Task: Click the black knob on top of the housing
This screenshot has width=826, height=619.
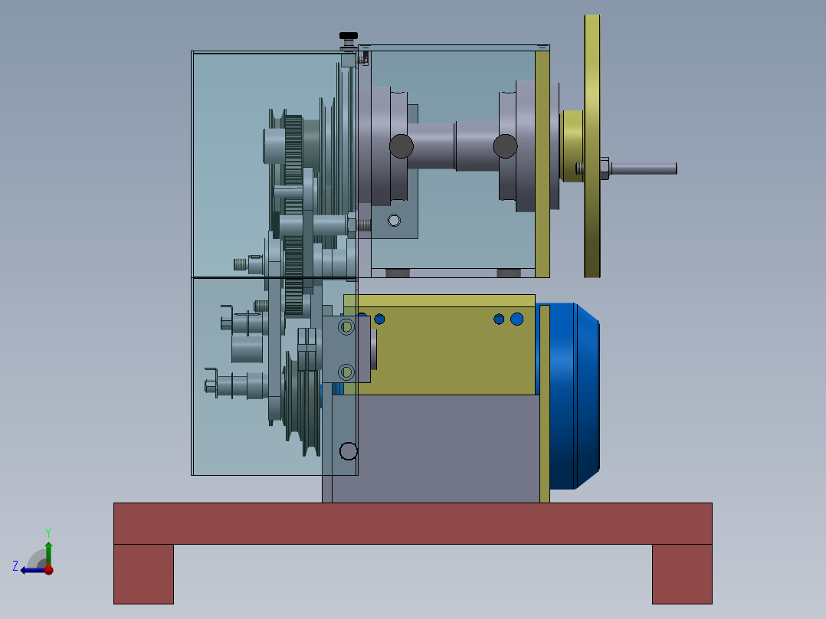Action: [348, 36]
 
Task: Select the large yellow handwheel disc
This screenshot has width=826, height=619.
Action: [592, 146]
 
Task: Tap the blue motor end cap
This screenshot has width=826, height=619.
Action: [575, 396]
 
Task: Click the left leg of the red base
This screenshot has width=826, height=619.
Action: [143, 574]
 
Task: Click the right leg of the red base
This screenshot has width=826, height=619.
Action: [682, 574]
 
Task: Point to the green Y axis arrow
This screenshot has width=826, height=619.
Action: [48, 552]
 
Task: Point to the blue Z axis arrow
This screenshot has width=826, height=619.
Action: [33, 570]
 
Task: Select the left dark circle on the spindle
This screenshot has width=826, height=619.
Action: [402, 146]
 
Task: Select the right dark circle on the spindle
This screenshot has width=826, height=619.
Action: [505, 146]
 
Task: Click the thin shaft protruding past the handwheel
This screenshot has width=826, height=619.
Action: [643, 169]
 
